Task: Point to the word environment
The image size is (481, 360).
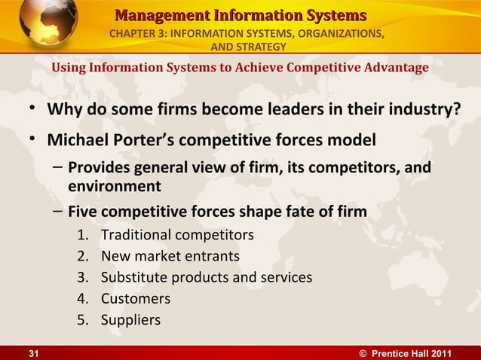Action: coord(114,186)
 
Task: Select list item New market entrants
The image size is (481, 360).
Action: coord(170,256)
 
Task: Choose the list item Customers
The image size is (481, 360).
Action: coord(136,298)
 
